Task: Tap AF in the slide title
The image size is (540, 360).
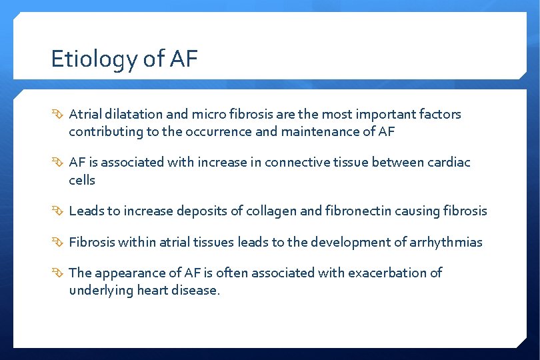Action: (183, 59)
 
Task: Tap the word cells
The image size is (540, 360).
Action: (82, 180)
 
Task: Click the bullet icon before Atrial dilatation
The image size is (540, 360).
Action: (58, 115)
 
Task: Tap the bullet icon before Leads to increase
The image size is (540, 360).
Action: (58, 211)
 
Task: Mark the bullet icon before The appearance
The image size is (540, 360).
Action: (58, 273)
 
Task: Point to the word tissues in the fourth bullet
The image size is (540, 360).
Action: (213, 241)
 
